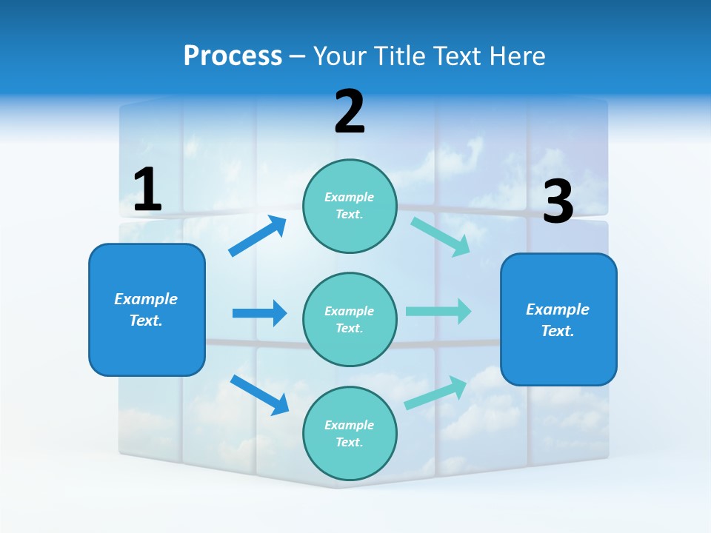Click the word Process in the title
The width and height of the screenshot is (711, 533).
[x=233, y=56]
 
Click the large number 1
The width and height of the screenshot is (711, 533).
[x=147, y=190]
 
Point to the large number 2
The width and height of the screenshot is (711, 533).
[x=350, y=112]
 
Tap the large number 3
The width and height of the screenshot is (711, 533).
[x=558, y=202]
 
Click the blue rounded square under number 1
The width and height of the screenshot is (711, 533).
[x=147, y=309]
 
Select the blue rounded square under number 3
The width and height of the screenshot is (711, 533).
[x=558, y=320]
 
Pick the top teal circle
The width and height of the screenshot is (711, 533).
[x=350, y=206]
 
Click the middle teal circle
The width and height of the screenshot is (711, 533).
[x=350, y=320]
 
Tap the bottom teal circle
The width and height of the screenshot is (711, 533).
[x=350, y=434]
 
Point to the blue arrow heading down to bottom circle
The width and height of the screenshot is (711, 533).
[x=259, y=395]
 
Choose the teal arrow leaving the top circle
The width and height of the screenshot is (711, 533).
[x=441, y=236]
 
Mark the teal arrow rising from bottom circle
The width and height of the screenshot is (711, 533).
[x=435, y=392]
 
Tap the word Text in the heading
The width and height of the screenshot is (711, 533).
[x=457, y=56]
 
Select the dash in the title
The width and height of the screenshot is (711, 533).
[x=297, y=56]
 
